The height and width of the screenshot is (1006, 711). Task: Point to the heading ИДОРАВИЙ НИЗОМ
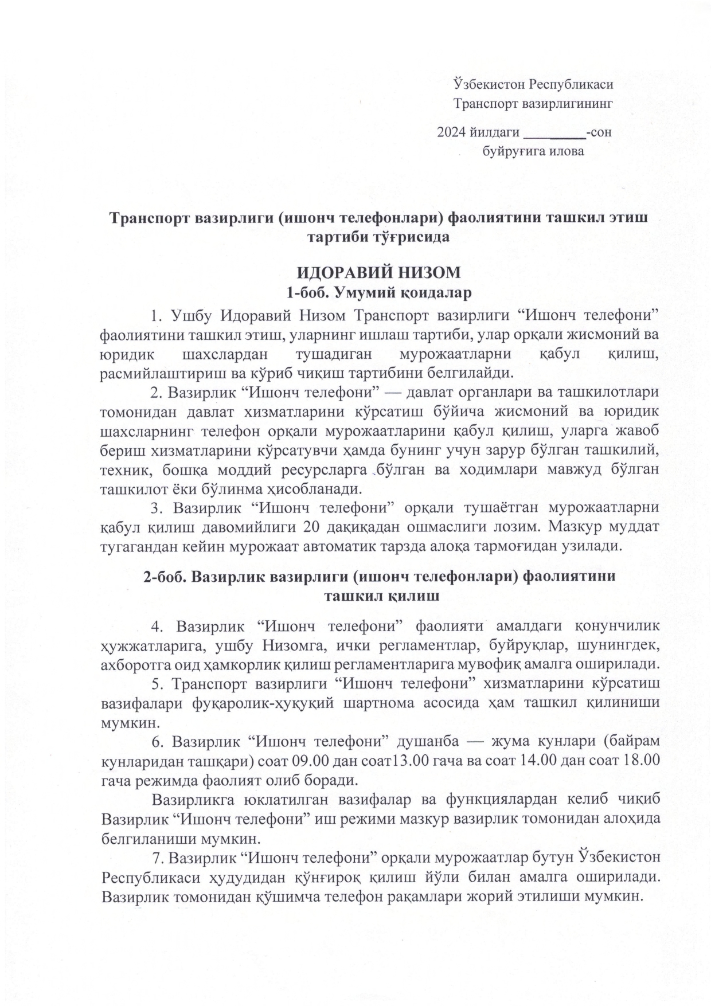pyautogui.click(x=378, y=272)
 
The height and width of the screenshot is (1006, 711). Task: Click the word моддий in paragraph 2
pyautogui.click(x=245, y=470)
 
